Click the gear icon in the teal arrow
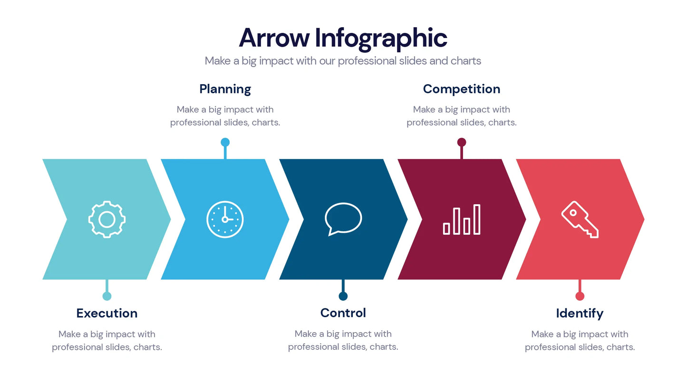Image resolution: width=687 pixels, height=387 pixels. [107, 219]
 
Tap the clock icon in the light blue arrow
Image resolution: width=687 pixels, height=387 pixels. [225, 219]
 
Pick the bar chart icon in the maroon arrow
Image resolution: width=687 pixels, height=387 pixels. [462, 219]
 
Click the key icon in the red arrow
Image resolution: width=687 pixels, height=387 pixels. [580, 219]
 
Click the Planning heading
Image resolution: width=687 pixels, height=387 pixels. [225, 89]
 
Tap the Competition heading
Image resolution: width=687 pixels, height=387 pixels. [461, 89]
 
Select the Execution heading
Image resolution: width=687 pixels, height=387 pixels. [107, 313]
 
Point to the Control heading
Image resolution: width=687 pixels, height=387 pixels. [343, 313]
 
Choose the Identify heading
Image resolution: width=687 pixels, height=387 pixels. [580, 313]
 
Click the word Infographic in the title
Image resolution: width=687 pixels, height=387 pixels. [381, 38]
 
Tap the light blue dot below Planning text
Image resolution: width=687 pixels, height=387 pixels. [225, 142]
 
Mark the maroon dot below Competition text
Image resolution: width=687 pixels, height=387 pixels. [462, 142]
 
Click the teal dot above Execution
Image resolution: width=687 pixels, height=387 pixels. [107, 296]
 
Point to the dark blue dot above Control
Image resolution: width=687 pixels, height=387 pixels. [343, 296]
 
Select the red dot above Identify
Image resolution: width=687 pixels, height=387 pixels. [580, 296]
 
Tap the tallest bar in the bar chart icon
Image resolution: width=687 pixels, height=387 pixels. [477, 219]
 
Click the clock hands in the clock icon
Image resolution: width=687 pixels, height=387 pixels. [226, 217]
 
